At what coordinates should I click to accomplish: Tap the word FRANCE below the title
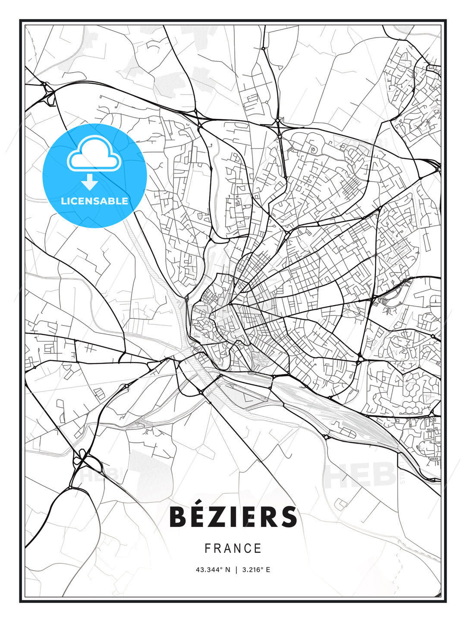(x=233, y=549)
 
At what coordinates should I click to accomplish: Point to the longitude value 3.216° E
(x=256, y=570)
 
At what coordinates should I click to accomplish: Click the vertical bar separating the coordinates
(x=236, y=570)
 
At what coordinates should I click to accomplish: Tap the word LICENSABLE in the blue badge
(x=94, y=201)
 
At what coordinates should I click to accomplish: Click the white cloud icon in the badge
(x=93, y=153)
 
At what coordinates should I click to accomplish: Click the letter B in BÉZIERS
(x=178, y=517)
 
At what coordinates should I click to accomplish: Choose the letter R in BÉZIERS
(x=268, y=517)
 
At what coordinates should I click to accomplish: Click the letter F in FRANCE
(x=208, y=549)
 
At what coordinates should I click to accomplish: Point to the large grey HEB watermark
(x=360, y=474)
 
